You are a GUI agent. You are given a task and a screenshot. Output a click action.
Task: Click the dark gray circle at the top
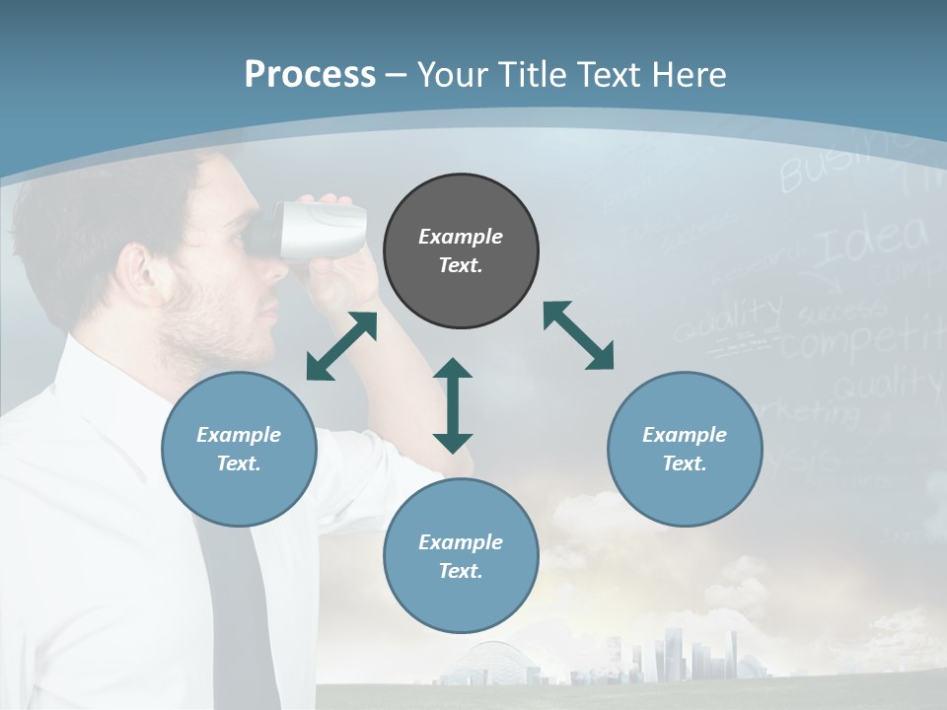coord(461,251)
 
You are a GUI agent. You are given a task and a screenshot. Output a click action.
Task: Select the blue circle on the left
coord(239,450)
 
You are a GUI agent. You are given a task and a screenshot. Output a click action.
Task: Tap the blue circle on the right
coord(685,450)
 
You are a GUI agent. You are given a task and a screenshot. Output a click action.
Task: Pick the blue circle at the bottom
coord(461,556)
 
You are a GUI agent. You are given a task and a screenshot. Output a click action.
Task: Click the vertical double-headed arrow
coord(453,405)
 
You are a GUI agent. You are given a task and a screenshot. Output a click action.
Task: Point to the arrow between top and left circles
coord(342,346)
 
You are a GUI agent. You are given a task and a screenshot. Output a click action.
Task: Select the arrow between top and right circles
coord(579,336)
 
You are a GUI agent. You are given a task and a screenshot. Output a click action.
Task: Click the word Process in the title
coord(310,74)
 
